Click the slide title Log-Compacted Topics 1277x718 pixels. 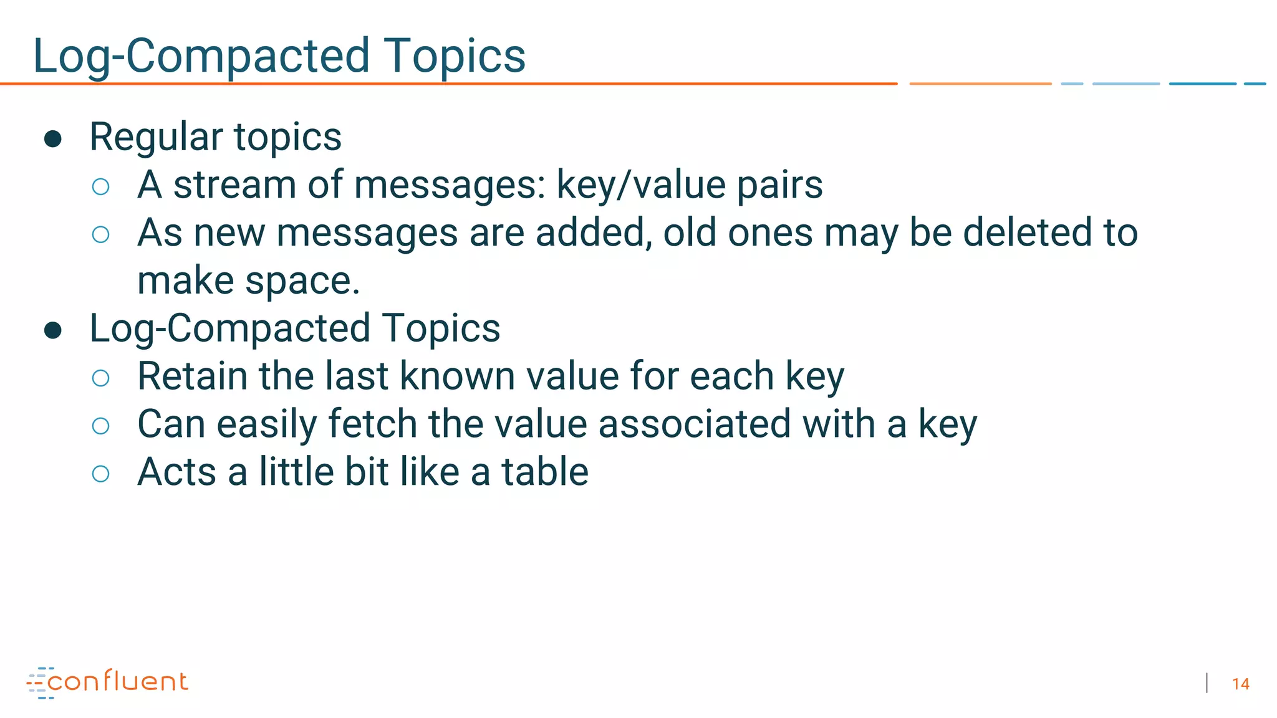pos(279,56)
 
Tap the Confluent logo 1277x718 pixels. pos(107,682)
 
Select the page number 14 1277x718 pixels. pos(1240,684)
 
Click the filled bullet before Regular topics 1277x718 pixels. pos(53,138)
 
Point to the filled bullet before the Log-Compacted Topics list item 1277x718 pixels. pos(53,330)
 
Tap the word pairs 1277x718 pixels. pos(779,185)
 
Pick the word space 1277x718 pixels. pos(302,282)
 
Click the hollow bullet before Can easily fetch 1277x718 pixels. pos(100,426)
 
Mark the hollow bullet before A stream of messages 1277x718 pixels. pos(100,186)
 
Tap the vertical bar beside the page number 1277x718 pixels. pos(1207,683)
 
